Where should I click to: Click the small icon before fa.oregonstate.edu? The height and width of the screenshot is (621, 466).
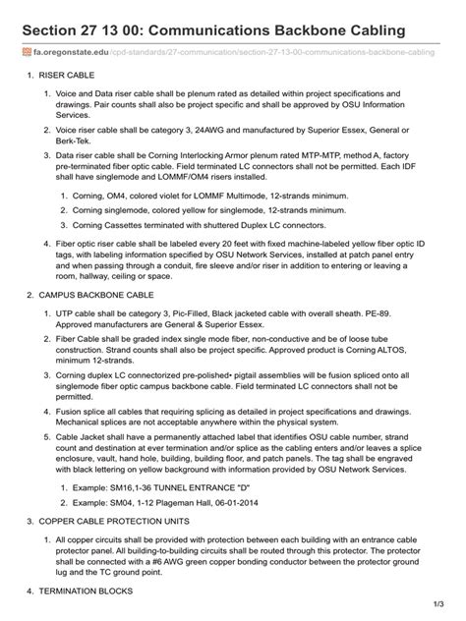(x=26, y=51)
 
